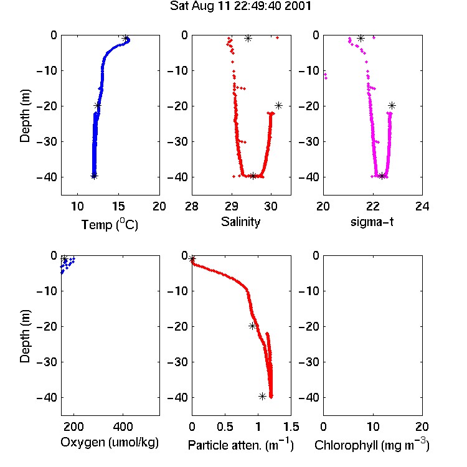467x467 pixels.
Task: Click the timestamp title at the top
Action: pyautogui.click(x=240, y=6)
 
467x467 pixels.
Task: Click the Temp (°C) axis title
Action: pyautogui.click(x=110, y=225)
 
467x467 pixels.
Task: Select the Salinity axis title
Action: pyautogui.click(x=240, y=222)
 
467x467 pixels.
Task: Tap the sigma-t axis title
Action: pyautogui.click(x=372, y=222)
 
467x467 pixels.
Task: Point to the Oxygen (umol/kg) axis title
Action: pyautogui.click(x=110, y=443)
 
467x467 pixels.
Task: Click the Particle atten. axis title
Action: pyautogui.click(x=240, y=445)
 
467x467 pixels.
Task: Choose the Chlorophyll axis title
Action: pyautogui.click(x=372, y=445)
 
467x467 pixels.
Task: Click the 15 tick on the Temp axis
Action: pyautogui.click(x=118, y=206)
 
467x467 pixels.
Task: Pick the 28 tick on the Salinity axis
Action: pyautogui.click(x=192, y=206)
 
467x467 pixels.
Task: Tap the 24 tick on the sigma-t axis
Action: pyautogui.click(x=422, y=206)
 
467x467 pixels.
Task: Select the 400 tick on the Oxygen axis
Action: pyautogui.click(x=123, y=427)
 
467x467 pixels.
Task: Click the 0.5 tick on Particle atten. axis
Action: pyautogui.click(x=225, y=427)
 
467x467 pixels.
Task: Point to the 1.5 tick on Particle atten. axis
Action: pyautogui.click(x=291, y=427)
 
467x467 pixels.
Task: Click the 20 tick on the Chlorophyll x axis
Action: pyautogui.click(x=422, y=427)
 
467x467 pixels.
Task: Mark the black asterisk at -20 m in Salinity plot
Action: pyautogui.click(x=278, y=105)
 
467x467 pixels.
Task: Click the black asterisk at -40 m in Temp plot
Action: pyautogui.click(x=94, y=176)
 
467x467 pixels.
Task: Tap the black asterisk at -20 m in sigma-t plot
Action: pyautogui.click(x=392, y=105)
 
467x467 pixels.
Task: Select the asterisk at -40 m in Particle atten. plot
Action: pyautogui.click(x=262, y=397)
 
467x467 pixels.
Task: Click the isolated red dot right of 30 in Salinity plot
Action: pyautogui.click(x=277, y=37)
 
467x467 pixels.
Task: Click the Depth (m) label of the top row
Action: pyautogui.click(x=25, y=116)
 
